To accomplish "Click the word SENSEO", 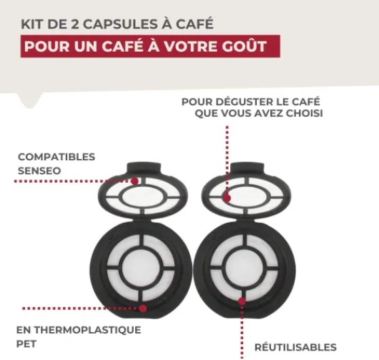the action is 39,171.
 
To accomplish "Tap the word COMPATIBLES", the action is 56,157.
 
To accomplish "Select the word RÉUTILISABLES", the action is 295,347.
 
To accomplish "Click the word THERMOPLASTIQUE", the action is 88,330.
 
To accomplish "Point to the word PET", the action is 26,344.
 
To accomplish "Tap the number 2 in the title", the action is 75,24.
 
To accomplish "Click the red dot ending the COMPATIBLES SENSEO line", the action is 134,181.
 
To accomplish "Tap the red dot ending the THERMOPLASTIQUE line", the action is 143,308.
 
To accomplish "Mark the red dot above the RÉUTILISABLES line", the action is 242,302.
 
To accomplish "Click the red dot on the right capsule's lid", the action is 227,198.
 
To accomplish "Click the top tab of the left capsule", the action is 144,168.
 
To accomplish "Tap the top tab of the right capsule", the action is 247,168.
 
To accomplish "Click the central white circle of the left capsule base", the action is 141,268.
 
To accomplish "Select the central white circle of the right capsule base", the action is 245,268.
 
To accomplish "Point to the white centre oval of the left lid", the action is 143,197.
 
